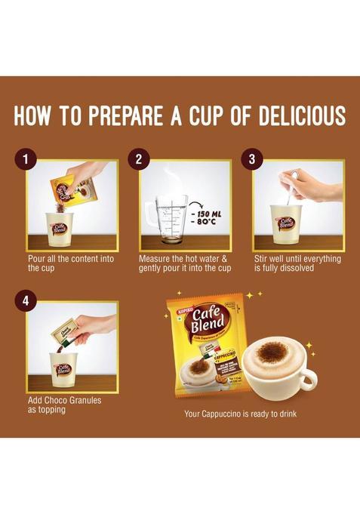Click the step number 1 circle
28,159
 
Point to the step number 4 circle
28,300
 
